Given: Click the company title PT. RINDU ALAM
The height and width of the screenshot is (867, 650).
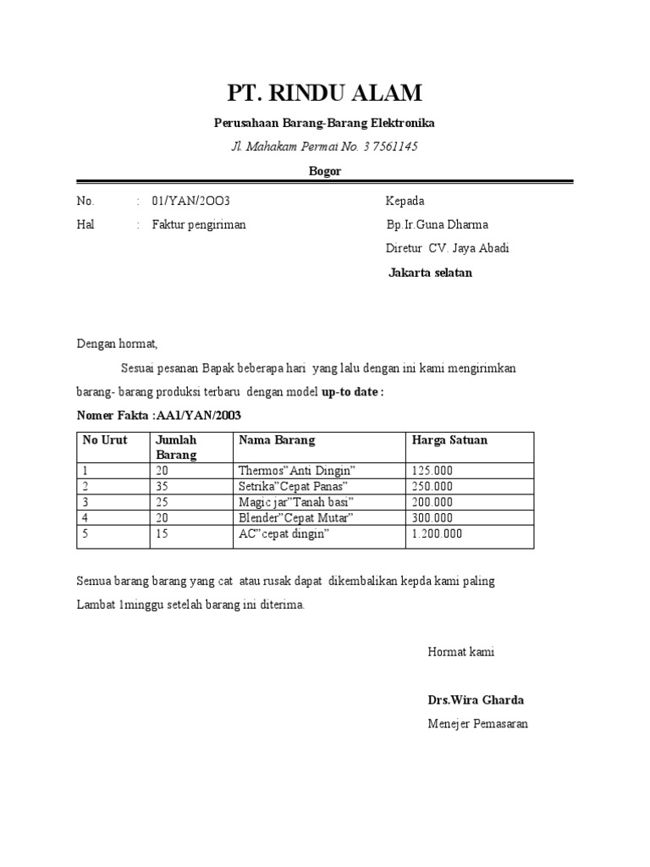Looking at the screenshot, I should coord(324,92).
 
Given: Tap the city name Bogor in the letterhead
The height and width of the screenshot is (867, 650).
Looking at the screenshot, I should coord(324,171).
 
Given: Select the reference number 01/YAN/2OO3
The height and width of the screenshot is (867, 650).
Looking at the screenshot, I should coord(191,202).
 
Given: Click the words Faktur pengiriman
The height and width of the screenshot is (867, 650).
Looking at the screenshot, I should coord(199,225).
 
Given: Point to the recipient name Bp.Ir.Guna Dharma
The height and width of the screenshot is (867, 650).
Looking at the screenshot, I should coord(437,225).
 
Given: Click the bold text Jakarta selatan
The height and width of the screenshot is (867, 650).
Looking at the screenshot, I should coord(430,273).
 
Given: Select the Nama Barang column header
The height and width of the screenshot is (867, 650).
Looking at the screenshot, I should coord(277,440).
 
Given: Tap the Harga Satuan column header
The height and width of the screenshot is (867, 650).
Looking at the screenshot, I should coord(449,440).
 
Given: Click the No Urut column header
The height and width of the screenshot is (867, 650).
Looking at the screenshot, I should coord(104,440).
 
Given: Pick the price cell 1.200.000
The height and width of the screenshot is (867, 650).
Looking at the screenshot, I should coord(437,534).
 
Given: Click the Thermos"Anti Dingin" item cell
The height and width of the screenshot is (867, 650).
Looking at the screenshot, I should coord(297,471).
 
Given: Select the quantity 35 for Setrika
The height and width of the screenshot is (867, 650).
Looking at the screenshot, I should coord(163,487).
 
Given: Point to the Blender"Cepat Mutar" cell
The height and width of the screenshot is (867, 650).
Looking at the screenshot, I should coord(295,518).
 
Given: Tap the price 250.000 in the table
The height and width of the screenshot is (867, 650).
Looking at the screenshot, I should coord(432,487).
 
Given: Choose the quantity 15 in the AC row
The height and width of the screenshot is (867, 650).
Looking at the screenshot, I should coord(163,534).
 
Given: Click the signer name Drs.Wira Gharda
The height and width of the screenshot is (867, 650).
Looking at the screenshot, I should coord(476,701).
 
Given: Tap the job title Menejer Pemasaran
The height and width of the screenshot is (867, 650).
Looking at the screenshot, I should coord(477,725).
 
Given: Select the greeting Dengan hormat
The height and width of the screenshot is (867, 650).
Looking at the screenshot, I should coord(118,345).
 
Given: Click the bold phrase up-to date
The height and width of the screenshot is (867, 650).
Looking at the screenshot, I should coord(352,393).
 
